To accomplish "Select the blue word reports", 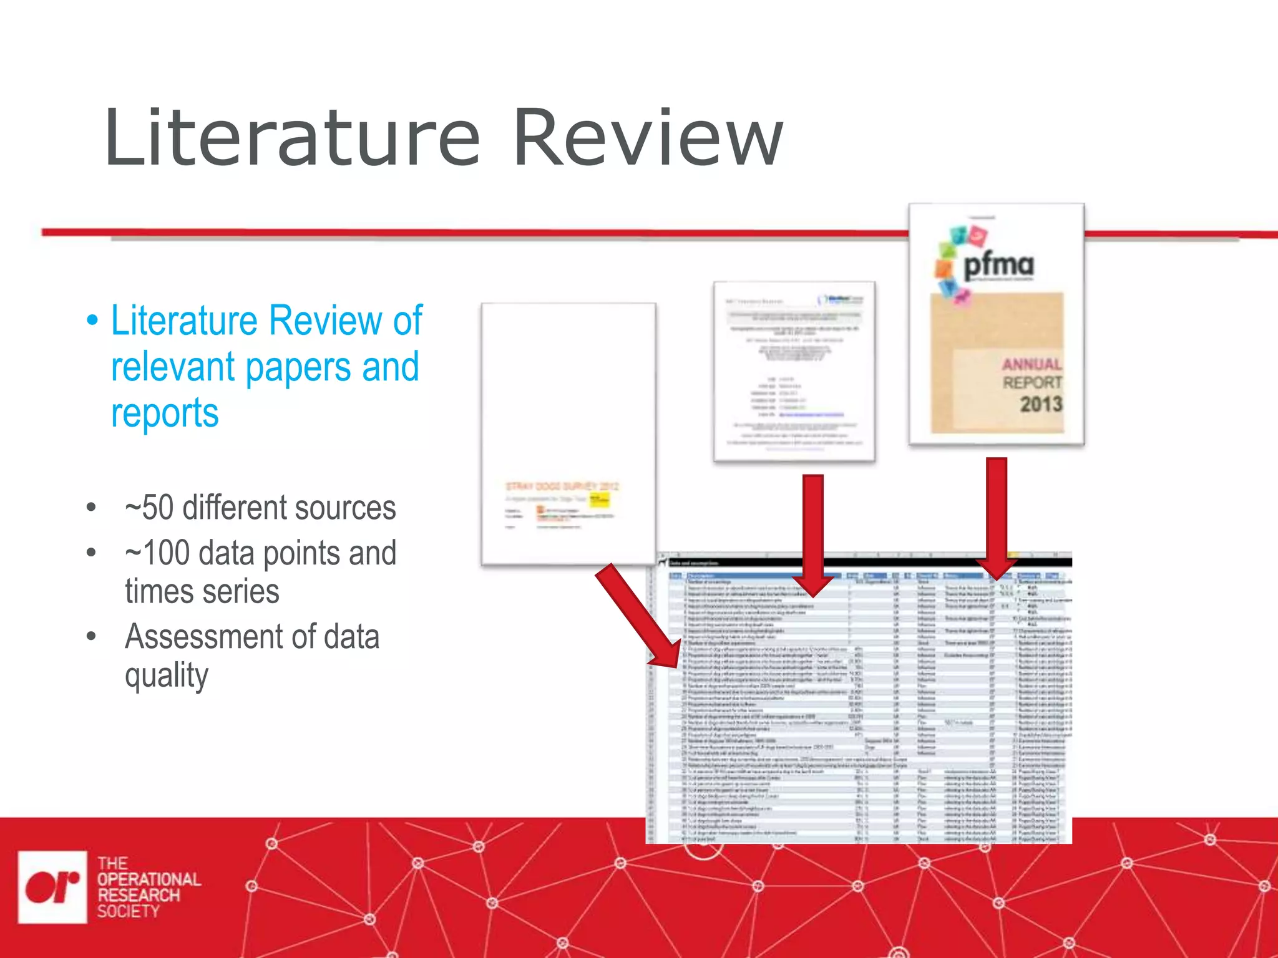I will [165, 413].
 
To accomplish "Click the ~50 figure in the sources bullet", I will [149, 508].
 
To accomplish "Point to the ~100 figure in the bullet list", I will [157, 553].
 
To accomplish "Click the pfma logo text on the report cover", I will [998, 265].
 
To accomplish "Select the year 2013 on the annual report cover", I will [1041, 404].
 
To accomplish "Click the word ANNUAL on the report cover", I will [1032, 364].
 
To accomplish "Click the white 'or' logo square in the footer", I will [52, 887].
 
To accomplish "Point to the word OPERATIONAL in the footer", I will [149, 879].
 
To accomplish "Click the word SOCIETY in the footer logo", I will [128, 911].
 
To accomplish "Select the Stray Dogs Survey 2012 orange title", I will [562, 486].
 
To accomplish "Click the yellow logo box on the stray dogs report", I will [599, 500].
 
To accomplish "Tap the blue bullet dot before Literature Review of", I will [92, 321].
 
